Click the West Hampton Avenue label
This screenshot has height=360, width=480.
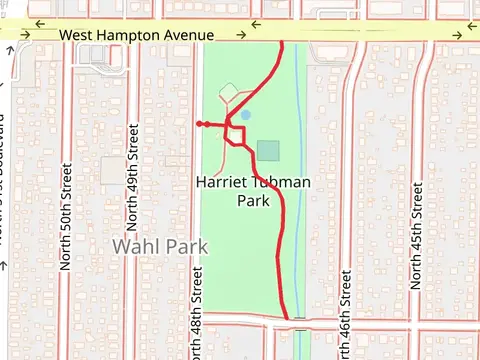(x=137, y=35)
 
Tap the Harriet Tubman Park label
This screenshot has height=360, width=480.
(x=254, y=192)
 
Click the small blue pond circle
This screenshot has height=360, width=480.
(x=246, y=115)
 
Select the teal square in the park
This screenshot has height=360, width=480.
(x=268, y=151)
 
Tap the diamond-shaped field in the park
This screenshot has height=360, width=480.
(x=229, y=93)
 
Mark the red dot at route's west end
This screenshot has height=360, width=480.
(x=200, y=124)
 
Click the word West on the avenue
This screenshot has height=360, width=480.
(x=76, y=35)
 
